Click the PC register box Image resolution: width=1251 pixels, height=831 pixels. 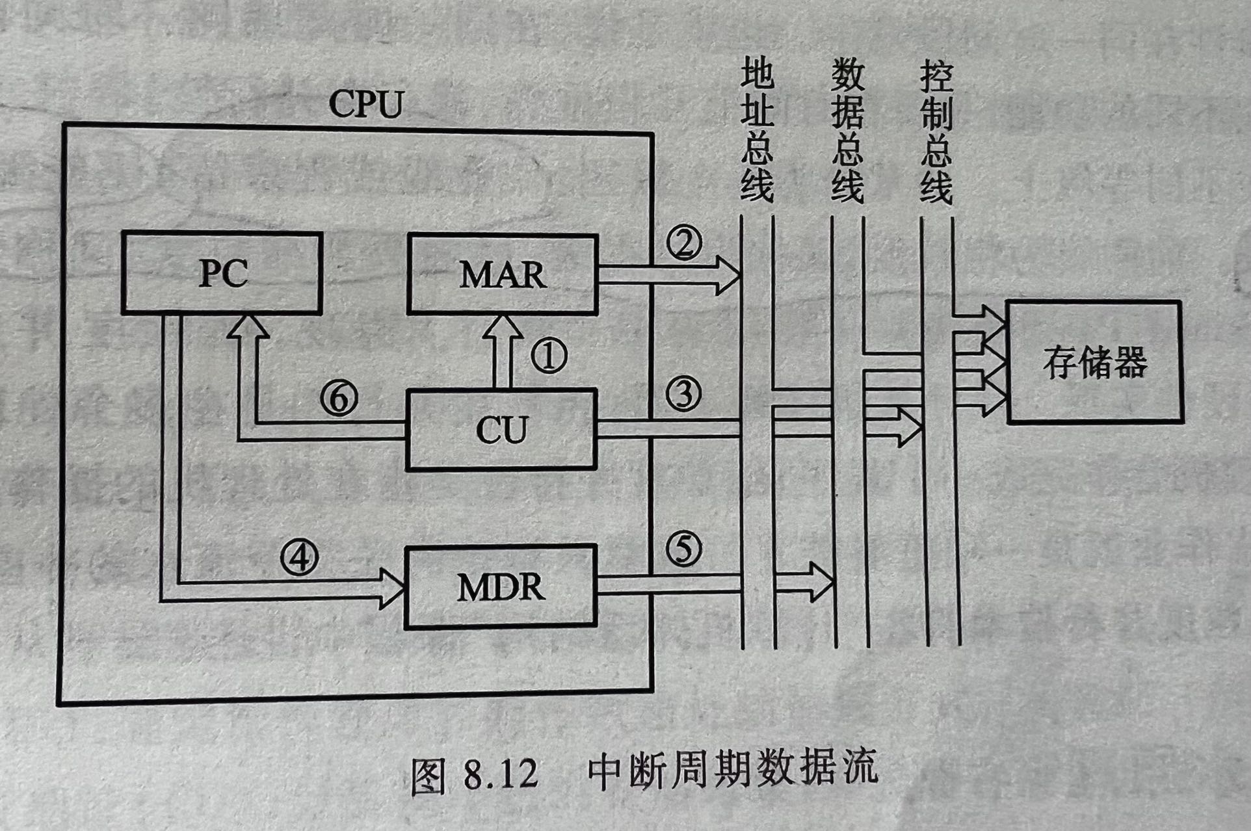click(222, 274)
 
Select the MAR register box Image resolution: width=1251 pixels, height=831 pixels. click(502, 275)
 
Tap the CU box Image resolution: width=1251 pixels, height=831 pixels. click(501, 429)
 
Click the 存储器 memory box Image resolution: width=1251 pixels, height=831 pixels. click(1094, 362)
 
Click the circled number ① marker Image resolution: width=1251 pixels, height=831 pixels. click(549, 356)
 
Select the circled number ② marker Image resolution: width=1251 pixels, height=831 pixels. click(683, 243)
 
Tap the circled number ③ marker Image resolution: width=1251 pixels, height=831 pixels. click(683, 394)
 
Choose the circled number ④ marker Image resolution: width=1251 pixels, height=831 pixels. click(299, 557)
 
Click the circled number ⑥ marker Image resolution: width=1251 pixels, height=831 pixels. click(339, 398)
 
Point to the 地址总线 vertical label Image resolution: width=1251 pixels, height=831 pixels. click(757, 130)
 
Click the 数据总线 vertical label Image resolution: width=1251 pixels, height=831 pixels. click(847, 130)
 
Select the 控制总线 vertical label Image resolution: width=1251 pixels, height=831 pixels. click(936, 130)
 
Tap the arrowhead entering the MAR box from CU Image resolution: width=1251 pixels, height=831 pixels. click(503, 326)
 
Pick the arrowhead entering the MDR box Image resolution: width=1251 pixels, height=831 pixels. click(392, 588)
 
